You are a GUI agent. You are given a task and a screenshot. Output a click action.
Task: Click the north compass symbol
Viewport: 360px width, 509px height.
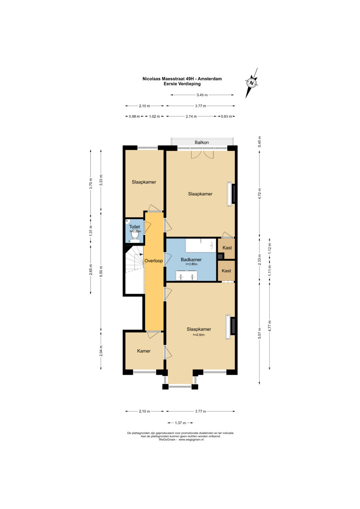[252, 83]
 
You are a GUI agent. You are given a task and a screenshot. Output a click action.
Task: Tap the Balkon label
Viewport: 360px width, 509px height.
[202, 142]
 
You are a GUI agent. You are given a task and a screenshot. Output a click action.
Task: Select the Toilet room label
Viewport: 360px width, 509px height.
[135, 227]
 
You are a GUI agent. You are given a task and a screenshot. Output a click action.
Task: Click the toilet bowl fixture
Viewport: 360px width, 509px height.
[135, 235]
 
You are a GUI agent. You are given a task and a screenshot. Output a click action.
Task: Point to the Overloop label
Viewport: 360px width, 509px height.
[154, 261]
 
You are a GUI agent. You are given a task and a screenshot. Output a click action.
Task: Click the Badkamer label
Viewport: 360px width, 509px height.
[191, 260]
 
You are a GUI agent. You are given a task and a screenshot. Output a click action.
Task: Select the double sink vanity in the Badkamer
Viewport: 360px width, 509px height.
[186, 276]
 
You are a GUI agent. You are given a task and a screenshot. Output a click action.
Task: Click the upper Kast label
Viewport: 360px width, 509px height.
[227, 248]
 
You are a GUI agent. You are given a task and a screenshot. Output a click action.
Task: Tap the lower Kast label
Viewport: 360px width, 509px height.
[226, 271]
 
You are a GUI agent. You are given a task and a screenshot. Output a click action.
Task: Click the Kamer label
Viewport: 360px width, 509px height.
[144, 351]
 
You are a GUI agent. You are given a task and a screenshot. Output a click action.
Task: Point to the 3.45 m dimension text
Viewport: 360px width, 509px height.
[202, 95]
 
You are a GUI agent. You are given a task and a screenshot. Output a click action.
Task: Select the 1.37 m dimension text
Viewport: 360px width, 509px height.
[180, 423]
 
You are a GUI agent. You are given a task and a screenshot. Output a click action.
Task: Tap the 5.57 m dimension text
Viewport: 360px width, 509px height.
[259, 333]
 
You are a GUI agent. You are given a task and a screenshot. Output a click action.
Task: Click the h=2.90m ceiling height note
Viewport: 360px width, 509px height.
[199, 335]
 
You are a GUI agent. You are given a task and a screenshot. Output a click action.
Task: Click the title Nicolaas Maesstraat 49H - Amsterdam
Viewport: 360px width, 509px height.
[182, 79]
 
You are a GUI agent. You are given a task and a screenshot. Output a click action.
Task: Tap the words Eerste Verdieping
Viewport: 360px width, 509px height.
[182, 84]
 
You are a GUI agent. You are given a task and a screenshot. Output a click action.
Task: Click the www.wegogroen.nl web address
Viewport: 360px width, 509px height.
[191, 440]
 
